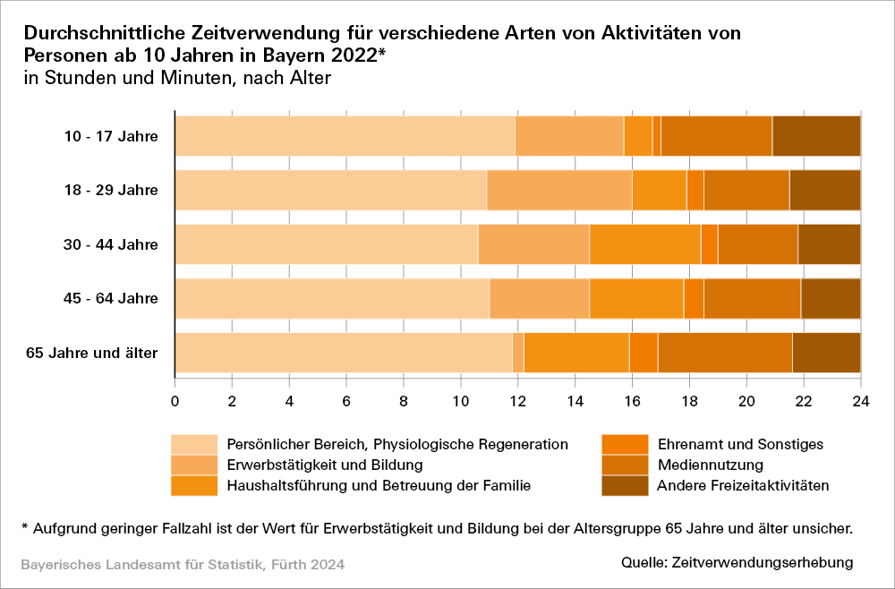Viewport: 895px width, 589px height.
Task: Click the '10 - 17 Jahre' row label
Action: click(x=111, y=136)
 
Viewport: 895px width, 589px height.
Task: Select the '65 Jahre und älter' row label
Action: click(x=92, y=353)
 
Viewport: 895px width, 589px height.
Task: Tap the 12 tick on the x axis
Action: click(x=517, y=399)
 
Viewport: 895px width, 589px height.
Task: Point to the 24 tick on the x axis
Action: click(x=860, y=399)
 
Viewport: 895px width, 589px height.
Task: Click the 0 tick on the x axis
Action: click(x=175, y=399)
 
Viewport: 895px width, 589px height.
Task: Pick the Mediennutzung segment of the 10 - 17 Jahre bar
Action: click(x=716, y=136)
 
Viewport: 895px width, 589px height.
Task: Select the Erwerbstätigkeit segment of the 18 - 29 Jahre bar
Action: click(x=559, y=190)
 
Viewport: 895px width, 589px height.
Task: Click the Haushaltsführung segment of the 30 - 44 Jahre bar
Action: click(x=645, y=244)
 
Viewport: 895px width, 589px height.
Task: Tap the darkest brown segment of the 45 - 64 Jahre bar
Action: click(x=831, y=298)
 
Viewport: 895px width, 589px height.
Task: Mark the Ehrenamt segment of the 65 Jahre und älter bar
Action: click(x=644, y=353)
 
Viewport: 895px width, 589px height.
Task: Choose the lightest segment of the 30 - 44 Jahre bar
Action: click(x=327, y=244)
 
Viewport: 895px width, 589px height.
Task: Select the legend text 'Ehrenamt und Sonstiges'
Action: click(x=740, y=444)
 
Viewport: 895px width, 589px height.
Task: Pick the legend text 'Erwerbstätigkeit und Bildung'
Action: click(x=325, y=465)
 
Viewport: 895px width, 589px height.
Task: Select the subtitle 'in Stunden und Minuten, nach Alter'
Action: click(x=178, y=78)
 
